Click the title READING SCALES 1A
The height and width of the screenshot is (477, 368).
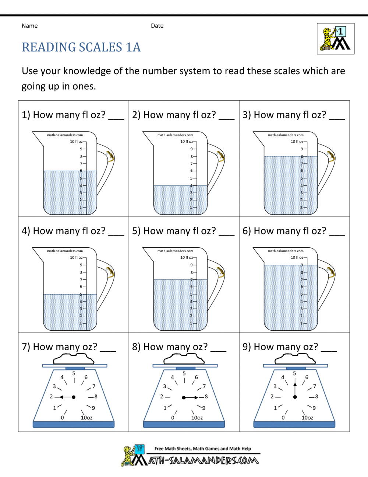point(81,47)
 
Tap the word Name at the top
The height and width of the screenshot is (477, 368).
point(29,26)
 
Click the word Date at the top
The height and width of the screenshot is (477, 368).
point(157,26)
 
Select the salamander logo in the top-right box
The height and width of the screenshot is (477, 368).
point(335,39)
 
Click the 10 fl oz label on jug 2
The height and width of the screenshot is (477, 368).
point(187,142)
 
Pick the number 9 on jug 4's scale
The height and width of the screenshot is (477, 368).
point(81,265)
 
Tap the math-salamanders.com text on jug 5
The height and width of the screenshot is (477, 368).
point(175,251)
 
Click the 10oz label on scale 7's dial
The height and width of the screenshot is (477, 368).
point(86,418)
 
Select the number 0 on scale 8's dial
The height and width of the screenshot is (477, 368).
point(173,418)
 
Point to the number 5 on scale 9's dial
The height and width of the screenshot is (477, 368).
point(294,373)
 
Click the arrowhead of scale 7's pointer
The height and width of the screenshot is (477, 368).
point(61,397)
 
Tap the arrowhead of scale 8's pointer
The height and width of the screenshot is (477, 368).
point(196,397)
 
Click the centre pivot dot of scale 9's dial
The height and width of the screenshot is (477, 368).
point(295,397)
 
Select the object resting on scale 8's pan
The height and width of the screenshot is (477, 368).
point(184,359)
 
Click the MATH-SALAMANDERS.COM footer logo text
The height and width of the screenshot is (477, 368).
point(204,460)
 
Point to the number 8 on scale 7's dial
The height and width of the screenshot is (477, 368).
point(96,397)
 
